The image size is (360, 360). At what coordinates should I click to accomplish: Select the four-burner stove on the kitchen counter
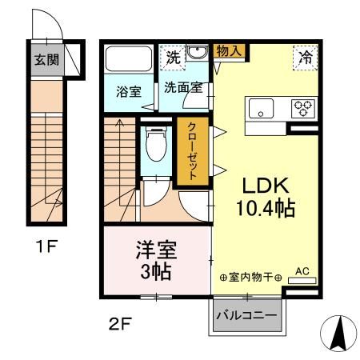[305, 106]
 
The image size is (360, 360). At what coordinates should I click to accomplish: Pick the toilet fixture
[157, 146]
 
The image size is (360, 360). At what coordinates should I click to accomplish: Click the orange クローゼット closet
[193, 153]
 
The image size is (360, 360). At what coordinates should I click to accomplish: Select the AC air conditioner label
[302, 271]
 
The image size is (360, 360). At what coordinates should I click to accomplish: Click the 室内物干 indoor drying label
[250, 278]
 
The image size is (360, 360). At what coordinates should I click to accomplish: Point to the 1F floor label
[45, 246]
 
